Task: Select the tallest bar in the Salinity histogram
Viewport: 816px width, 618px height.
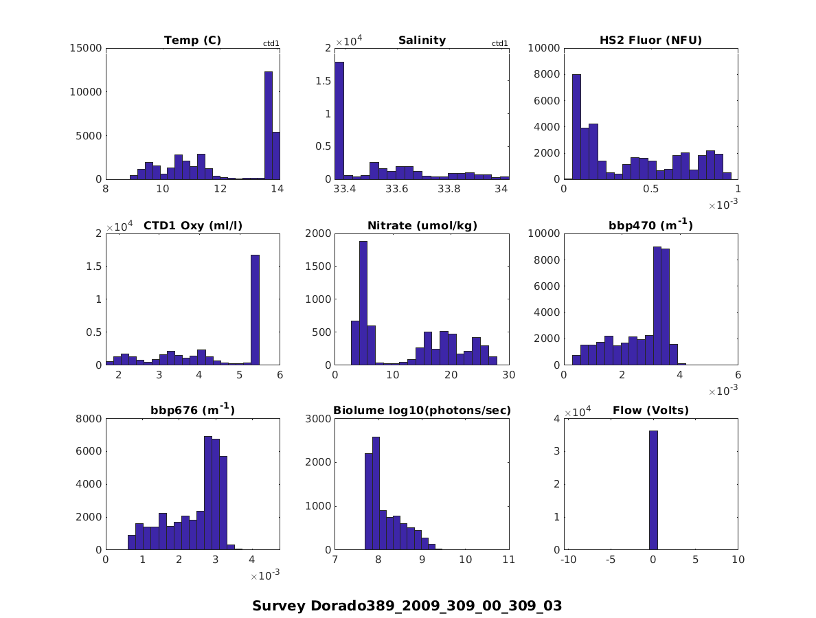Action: click(x=339, y=121)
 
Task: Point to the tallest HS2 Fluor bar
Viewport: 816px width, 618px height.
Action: click(x=576, y=127)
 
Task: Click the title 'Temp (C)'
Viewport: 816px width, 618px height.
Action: click(x=192, y=41)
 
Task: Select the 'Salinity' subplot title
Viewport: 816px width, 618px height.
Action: click(x=422, y=41)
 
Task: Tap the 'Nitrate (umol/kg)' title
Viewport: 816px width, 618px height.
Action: click(x=422, y=225)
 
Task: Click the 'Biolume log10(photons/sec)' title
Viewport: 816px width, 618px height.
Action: click(x=422, y=411)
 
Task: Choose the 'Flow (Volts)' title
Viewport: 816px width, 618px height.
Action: click(x=650, y=411)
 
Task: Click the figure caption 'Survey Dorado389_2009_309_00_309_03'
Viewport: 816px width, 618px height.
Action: click(x=407, y=606)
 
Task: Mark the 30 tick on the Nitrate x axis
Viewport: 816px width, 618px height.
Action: click(x=508, y=375)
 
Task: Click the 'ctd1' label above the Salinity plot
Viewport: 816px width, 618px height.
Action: click(x=500, y=44)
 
